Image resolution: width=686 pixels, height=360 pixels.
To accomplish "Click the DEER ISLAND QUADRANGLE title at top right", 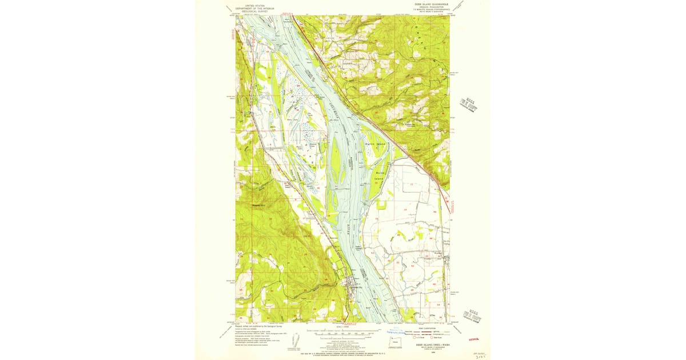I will (x=429, y=4).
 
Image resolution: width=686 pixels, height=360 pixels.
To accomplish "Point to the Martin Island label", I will (x=375, y=145).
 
